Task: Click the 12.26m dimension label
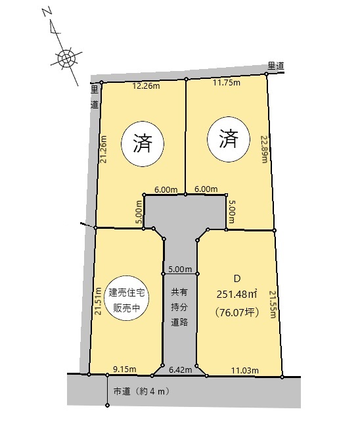point(146,86)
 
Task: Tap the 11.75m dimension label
point(227,82)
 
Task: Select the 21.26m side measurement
point(103,149)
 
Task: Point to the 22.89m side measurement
point(264,149)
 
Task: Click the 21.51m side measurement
point(98,301)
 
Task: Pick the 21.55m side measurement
point(273,304)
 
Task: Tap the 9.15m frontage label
point(125,369)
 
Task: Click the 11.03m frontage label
point(245,370)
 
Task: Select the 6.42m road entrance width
point(180,370)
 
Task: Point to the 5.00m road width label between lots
point(180,269)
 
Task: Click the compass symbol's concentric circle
point(66,58)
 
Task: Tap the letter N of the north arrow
point(47,12)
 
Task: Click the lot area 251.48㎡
point(237,295)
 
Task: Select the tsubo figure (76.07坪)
point(236,312)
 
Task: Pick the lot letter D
point(237,279)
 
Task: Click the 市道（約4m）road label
point(141,391)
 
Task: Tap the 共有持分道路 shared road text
point(179,307)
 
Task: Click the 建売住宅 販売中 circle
point(127,298)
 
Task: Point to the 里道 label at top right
point(276,66)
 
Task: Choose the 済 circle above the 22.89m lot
point(229,139)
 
